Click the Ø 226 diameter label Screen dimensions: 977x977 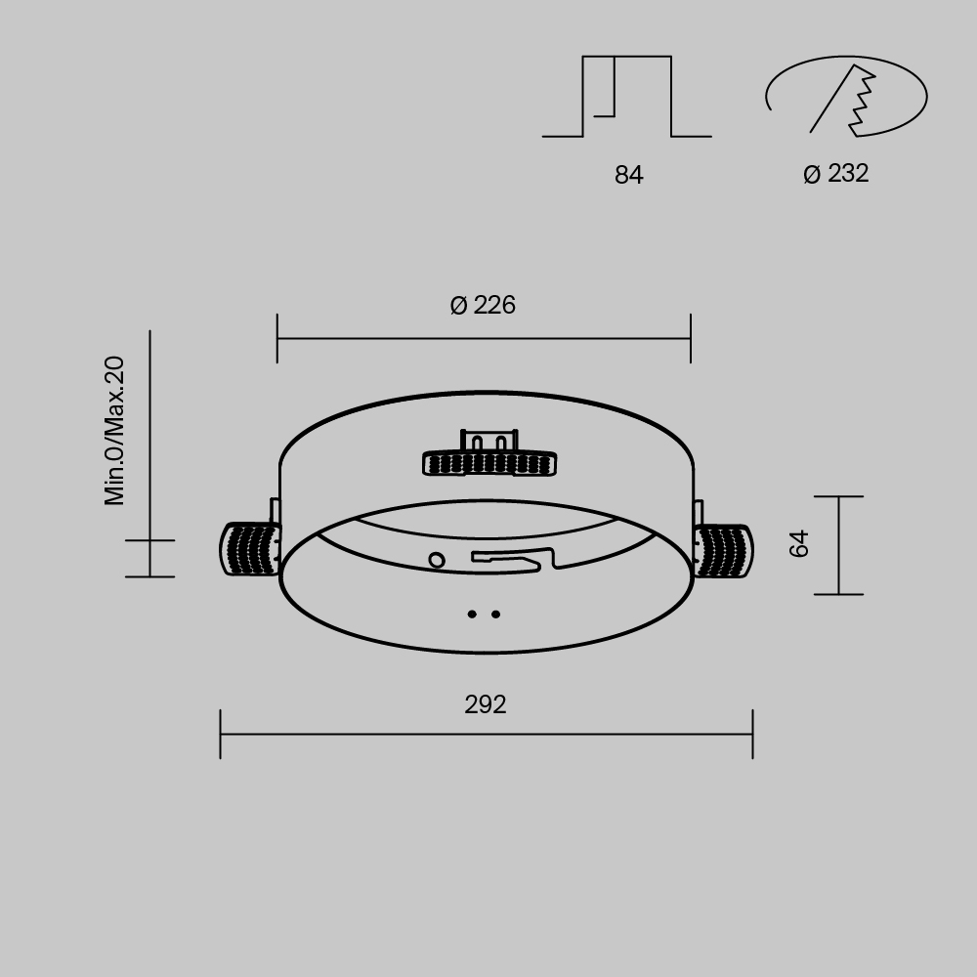(x=483, y=306)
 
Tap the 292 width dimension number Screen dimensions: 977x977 (x=486, y=705)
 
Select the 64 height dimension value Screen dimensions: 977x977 (x=800, y=543)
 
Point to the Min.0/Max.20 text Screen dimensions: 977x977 (x=115, y=431)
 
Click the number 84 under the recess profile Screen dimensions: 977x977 (x=629, y=176)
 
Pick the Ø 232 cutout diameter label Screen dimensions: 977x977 (x=836, y=174)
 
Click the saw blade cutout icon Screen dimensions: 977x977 (x=845, y=97)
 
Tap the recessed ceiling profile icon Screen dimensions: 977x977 (x=627, y=97)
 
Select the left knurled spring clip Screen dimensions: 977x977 (x=249, y=550)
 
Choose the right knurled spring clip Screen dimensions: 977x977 (x=724, y=551)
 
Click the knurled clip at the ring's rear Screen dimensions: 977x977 (x=489, y=463)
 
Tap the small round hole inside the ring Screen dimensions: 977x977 (x=437, y=561)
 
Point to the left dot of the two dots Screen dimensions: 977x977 (x=472, y=615)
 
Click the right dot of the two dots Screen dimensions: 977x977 (x=496, y=615)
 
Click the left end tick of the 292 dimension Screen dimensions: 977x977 (x=221, y=735)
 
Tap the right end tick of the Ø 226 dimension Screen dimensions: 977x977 (x=691, y=339)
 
